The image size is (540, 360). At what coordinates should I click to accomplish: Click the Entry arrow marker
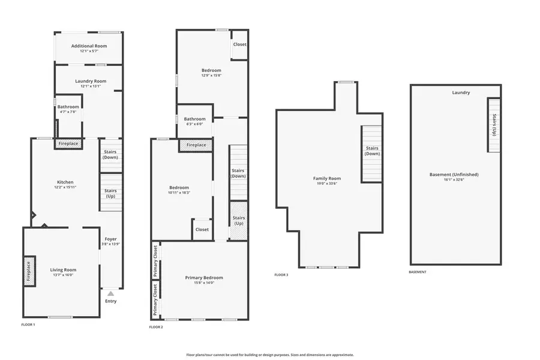pos(110,293)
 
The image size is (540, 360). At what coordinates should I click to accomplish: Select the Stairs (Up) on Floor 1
pos(111,193)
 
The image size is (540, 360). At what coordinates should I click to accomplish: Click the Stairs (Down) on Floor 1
pos(111,155)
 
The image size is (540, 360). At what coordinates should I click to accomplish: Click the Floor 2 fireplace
pos(196,145)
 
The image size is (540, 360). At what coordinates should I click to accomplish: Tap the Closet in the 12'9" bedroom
pos(240,44)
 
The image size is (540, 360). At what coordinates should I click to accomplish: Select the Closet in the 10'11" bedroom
pos(202,229)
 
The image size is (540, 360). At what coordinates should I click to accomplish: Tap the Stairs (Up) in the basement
pos(494,125)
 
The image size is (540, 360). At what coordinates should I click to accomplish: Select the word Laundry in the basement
pos(461,92)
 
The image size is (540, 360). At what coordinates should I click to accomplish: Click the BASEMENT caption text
pos(418,272)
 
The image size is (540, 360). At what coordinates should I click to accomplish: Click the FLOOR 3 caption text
pos(281,275)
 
